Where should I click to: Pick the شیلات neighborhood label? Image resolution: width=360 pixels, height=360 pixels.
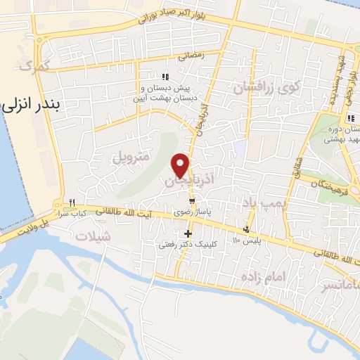[97, 236]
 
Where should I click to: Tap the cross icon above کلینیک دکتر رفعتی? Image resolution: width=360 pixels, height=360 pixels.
[188, 233]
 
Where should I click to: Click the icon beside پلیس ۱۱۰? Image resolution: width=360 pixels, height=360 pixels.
[246, 229]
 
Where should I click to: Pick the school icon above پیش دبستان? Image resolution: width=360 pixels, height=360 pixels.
[165, 77]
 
